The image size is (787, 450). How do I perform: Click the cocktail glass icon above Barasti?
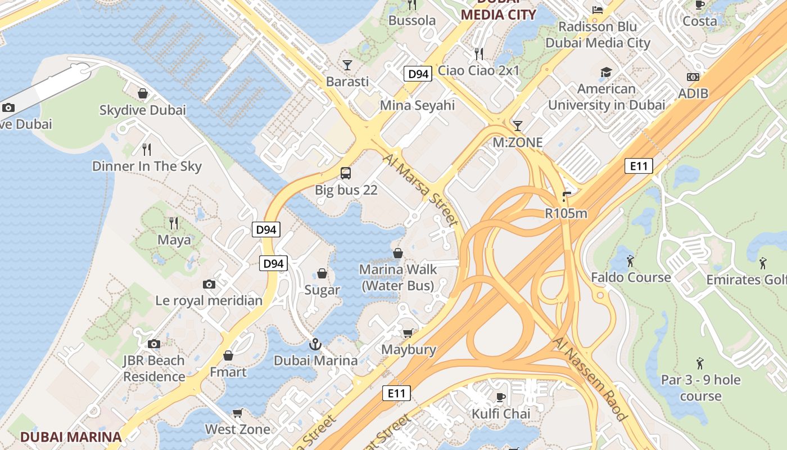click(x=347, y=65)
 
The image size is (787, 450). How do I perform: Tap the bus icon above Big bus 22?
click(x=346, y=173)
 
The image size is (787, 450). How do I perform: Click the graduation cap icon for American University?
click(x=606, y=72)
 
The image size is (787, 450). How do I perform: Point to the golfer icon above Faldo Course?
click(x=630, y=261)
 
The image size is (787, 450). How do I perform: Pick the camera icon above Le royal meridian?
click(x=209, y=284)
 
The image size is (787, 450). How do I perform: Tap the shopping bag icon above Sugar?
click(x=322, y=273)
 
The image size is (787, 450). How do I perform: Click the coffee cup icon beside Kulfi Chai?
click(x=500, y=398)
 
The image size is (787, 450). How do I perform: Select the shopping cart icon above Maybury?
click(x=408, y=333)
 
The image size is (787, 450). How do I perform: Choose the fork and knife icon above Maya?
click(x=174, y=223)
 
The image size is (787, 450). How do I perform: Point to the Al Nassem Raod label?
click(x=590, y=379)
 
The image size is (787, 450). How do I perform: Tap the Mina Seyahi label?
click(x=417, y=105)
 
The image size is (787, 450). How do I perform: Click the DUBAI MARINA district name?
click(x=71, y=436)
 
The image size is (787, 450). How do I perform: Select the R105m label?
click(x=566, y=213)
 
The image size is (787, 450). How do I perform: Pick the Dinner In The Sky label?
click(x=147, y=166)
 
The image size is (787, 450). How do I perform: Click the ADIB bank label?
click(x=693, y=93)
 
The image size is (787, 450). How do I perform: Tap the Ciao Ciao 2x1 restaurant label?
click(x=478, y=70)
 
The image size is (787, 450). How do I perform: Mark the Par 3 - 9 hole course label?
click(x=700, y=388)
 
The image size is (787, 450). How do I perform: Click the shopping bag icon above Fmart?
click(x=228, y=355)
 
